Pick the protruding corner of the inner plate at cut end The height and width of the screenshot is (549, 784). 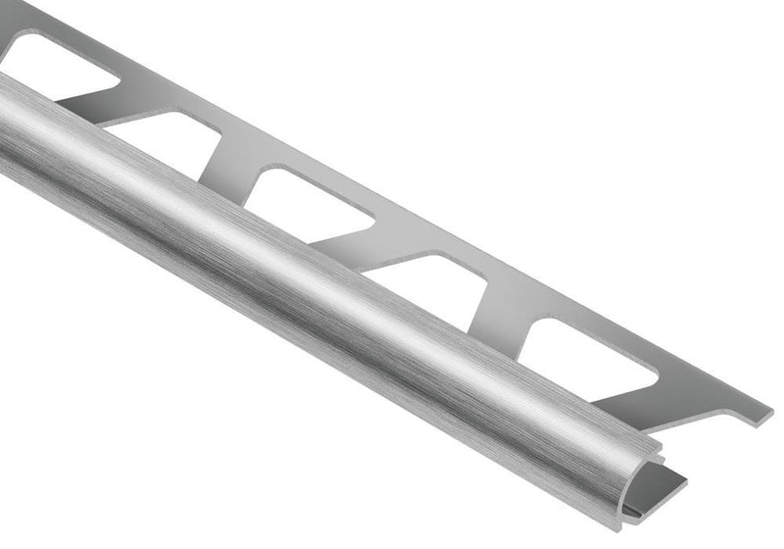(687, 479)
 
